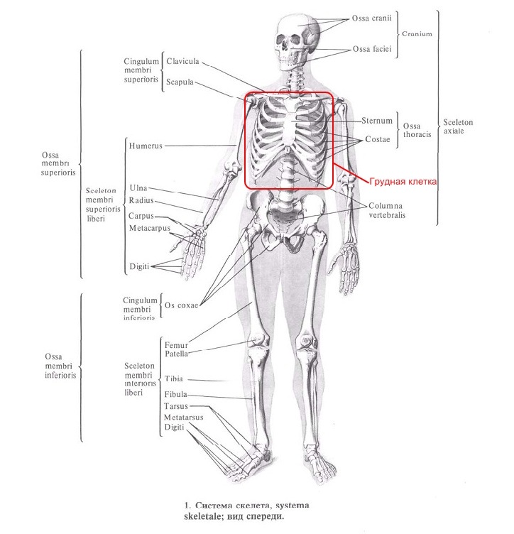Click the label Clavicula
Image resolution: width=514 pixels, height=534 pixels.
[183, 61]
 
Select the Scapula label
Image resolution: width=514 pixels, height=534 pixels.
[180, 82]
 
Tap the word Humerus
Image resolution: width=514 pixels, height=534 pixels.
[146, 146]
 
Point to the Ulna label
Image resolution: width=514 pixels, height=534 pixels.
[138, 188]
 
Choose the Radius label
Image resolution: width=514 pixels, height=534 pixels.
[142, 201]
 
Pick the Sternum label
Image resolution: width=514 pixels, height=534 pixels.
[376, 121]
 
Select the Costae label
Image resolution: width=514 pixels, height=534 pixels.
[377, 140]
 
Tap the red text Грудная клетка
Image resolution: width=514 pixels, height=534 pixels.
[403, 182]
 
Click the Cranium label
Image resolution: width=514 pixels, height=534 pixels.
[417, 33]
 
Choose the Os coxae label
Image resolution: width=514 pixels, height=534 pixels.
[181, 306]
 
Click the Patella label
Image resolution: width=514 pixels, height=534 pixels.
[176, 353]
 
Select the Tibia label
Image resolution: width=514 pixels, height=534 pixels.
[173, 379]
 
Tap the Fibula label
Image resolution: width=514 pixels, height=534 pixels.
[175, 393]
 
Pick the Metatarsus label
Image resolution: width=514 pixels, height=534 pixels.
[183, 418]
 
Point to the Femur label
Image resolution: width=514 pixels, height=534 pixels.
[175, 344]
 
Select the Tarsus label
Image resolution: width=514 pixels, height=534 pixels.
[175, 405]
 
